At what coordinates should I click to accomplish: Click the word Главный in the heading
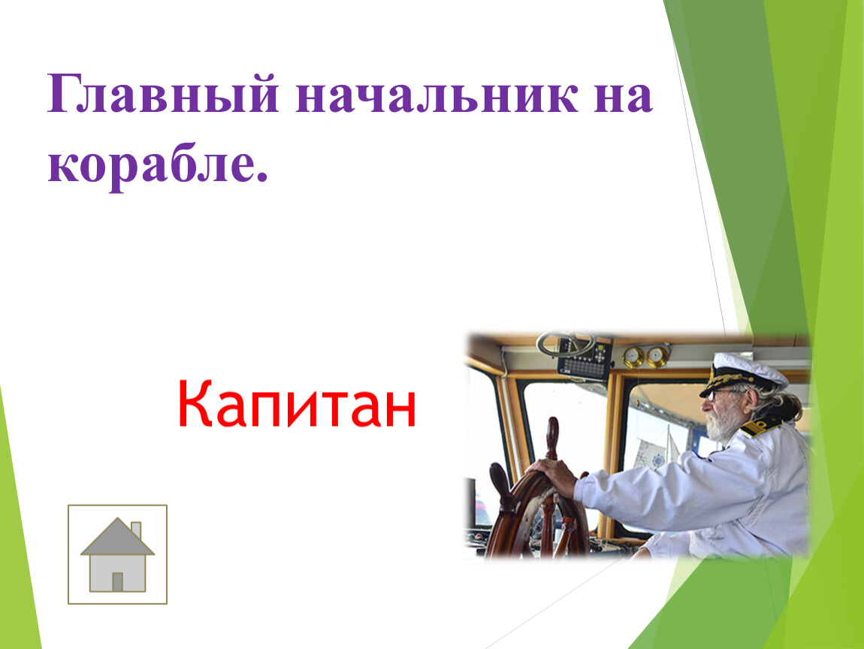point(162,94)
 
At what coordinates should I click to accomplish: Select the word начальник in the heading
point(437,95)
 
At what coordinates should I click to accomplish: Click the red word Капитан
point(297,404)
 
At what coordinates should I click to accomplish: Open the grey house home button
point(117,554)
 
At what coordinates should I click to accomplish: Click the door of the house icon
point(117,582)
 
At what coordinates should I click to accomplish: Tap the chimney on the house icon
point(135,530)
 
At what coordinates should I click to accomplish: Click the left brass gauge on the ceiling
point(633,357)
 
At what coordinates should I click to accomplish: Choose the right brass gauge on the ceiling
point(657,356)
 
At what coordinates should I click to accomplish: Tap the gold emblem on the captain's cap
point(716,376)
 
